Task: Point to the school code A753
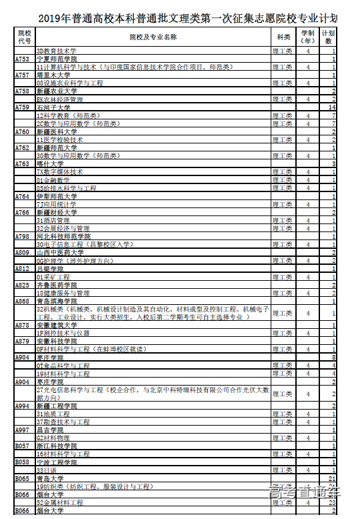coord(23,59)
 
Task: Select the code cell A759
coord(23,107)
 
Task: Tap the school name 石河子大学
coord(54,107)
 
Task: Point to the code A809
coord(23,253)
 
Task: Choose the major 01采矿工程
coord(53,277)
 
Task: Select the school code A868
coord(23,301)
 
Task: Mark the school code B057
coord(23,446)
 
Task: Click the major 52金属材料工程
coord(60,502)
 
